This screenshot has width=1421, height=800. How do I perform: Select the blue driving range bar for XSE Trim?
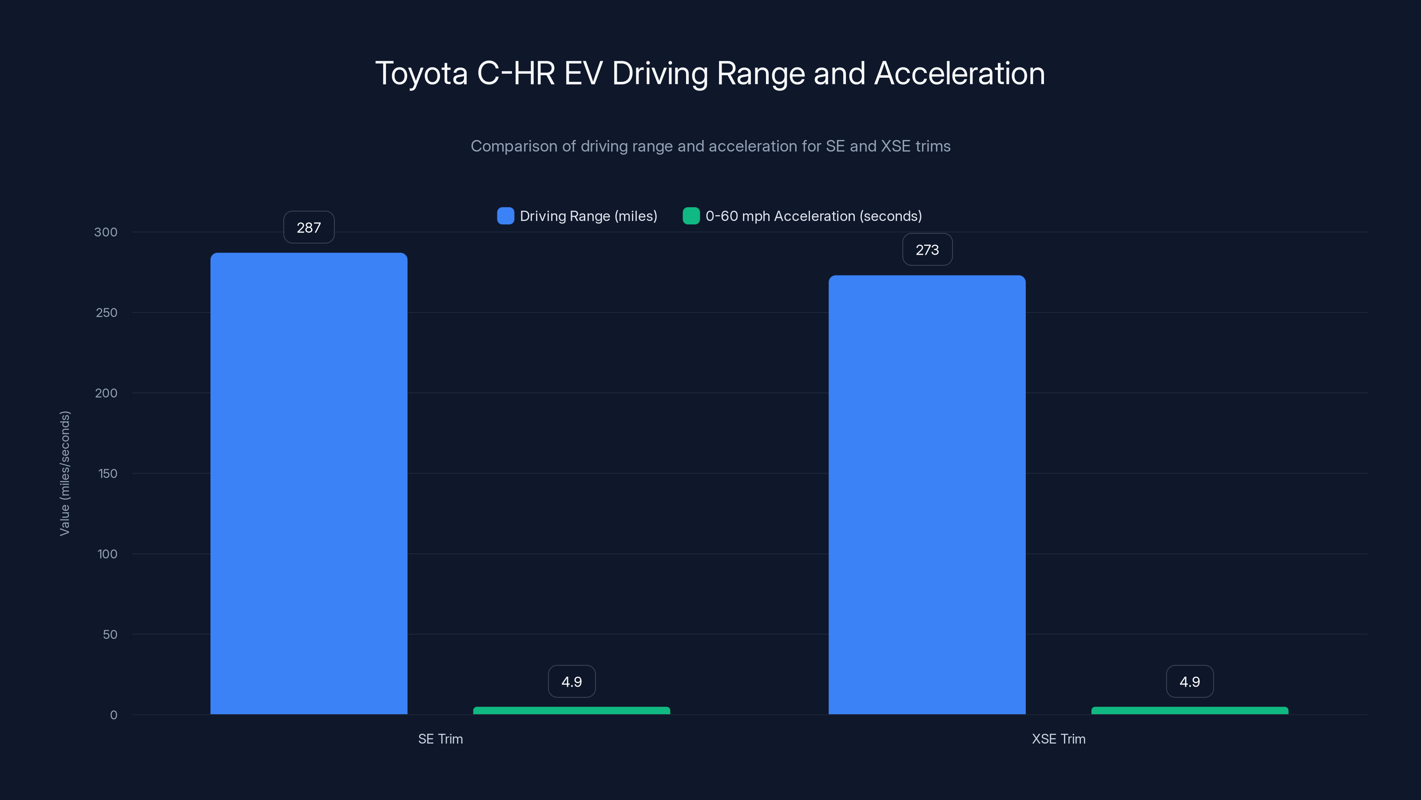click(927, 494)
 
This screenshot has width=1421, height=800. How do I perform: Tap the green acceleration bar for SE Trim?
click(572, 711)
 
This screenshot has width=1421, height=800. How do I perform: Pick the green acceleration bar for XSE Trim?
click(1189, 711)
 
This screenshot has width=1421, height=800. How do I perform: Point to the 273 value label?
click(927, 249)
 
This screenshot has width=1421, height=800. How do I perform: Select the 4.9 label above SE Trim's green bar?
click(572, 681)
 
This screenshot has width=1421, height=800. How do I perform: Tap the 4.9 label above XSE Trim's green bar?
click(1189, 681)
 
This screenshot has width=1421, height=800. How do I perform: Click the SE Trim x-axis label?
click(440, 739)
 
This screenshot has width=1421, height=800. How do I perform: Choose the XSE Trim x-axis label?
click(1058, 739)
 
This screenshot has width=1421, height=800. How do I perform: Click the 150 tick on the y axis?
click(107, 473)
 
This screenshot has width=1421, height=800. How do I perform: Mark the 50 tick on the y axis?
click(110, 634)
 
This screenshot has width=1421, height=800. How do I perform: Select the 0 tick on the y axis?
click(114, 715)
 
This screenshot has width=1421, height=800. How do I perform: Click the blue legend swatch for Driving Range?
click(505, 216)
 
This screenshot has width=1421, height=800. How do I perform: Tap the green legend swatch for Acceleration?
click(691, 216)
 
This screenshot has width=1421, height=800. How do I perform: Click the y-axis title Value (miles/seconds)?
click(64, 473)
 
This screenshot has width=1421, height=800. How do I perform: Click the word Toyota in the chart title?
click(421, 73)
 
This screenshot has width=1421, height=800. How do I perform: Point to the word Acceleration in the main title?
click(959, 73)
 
